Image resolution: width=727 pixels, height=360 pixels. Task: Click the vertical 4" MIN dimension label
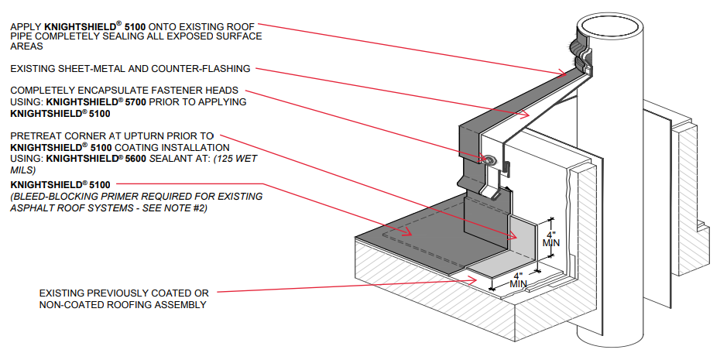click(550, 238)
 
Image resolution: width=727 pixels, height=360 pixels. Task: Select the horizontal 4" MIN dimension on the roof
click(518, 279)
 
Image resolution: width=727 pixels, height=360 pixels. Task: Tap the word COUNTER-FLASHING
click(211, 69)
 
